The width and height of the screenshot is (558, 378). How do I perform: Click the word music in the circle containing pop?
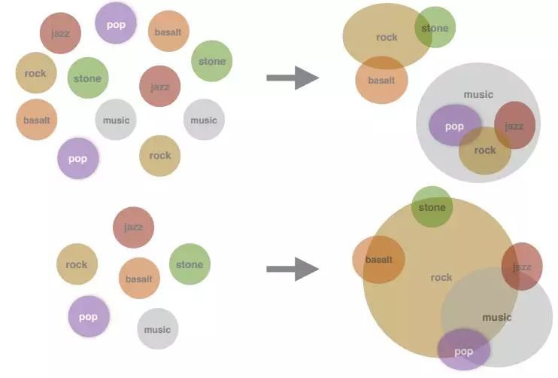click(478, 95)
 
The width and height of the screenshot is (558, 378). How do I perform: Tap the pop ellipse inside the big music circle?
click(454, 126)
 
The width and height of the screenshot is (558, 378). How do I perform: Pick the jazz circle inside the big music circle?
click(515, 126)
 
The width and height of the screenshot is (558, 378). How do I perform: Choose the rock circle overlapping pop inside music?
click(485, 151)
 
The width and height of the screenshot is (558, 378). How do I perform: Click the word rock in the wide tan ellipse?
click(387, 37)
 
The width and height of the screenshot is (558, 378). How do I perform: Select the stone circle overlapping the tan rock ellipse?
click(435, 28)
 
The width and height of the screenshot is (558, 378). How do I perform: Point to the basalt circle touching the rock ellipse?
click(381, 80)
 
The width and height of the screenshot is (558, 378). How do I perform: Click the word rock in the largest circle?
click(441, 278)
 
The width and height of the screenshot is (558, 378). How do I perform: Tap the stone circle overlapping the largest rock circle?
click(432, 207)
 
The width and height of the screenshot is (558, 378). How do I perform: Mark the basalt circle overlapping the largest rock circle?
click(378, 260)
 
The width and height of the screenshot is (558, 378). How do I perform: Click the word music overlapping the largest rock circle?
click(496, 318)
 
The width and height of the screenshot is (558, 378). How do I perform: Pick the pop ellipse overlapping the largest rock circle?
click(464, 351)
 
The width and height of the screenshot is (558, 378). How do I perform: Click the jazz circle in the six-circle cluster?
click(133, 227)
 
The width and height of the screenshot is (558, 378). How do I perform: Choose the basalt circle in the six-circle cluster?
click(139, 279)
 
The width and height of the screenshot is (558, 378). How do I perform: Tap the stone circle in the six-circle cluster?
click(190, 264)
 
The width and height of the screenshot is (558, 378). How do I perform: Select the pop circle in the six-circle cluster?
click(89, 316)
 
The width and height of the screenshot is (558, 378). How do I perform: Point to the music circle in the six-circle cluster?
click(157, 329)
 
